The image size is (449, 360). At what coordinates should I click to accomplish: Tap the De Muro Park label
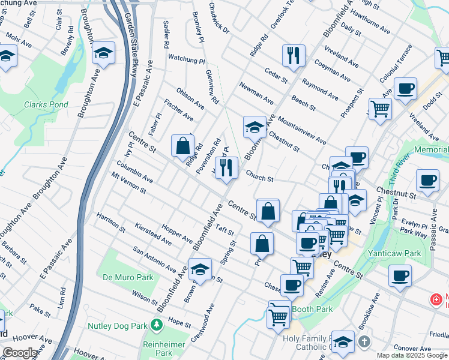click(x=128, y=277)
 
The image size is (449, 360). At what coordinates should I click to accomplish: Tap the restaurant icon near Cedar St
click(x=293, y=55)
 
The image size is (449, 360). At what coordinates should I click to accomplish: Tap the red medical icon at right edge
click(x=435, y=299)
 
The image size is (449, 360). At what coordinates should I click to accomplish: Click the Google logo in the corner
click(x=20, y=353)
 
